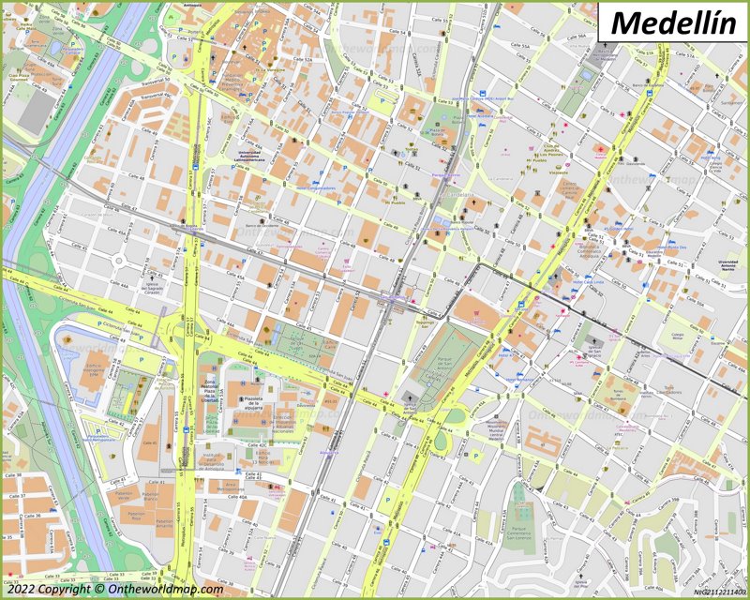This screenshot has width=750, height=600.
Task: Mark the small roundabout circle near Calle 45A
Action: [x=121, y=260]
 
